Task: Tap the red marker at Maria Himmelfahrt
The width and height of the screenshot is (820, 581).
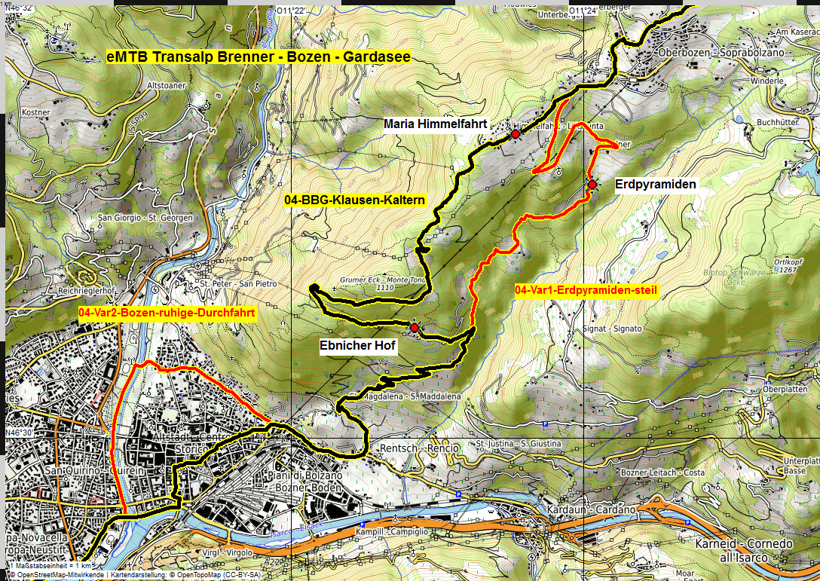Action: point(516,133)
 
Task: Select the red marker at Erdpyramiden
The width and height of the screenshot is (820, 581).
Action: point(592,185)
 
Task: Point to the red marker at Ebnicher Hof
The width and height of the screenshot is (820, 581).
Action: point(414,328)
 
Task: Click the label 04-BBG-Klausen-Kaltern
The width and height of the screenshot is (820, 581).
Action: point(356,200)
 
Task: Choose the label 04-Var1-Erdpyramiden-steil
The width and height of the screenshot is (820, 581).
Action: point(587,290)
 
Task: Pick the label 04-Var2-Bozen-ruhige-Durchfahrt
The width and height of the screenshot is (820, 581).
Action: point(167,313)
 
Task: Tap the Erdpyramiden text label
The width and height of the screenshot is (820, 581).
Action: point(656,184)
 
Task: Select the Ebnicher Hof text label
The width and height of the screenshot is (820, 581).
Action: point(357,346)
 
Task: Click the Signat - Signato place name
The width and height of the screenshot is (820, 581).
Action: point(612,329)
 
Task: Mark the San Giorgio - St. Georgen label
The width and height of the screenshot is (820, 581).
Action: point(145,218)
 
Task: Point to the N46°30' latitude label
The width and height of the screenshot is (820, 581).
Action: point(20,433)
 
